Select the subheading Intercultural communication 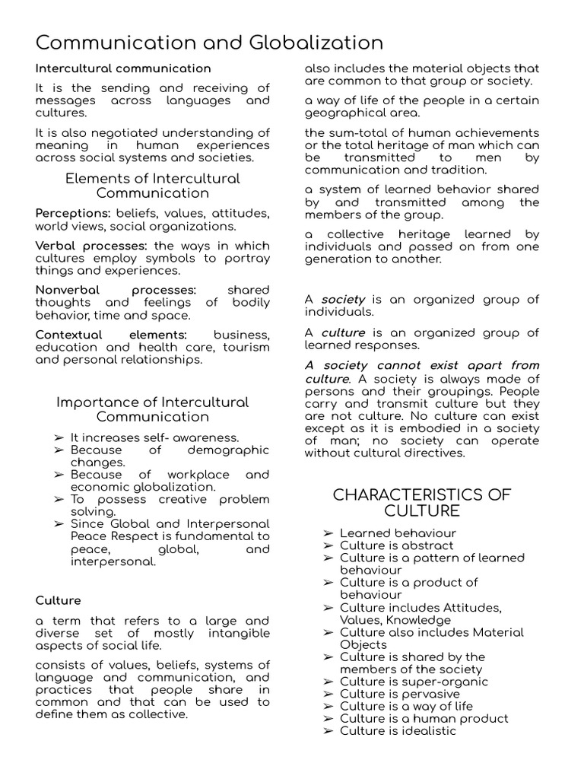(x=123, y=68)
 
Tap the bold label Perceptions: (x=73, y=213)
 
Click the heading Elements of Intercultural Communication (x=152, y=186)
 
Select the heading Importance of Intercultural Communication (x=152, y=409)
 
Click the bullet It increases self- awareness (x=154, y=437)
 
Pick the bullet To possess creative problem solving (x=170, y=505)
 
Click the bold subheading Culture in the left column (x=58, y=600)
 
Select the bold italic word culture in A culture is (x=343, y=332)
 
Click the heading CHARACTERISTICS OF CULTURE (x=422, y=502)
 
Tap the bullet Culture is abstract (x=396, y=545)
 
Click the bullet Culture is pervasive (x=399, y=694)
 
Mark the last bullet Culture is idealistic (x=398, y=731)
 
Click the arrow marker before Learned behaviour (x=328, y=533)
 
